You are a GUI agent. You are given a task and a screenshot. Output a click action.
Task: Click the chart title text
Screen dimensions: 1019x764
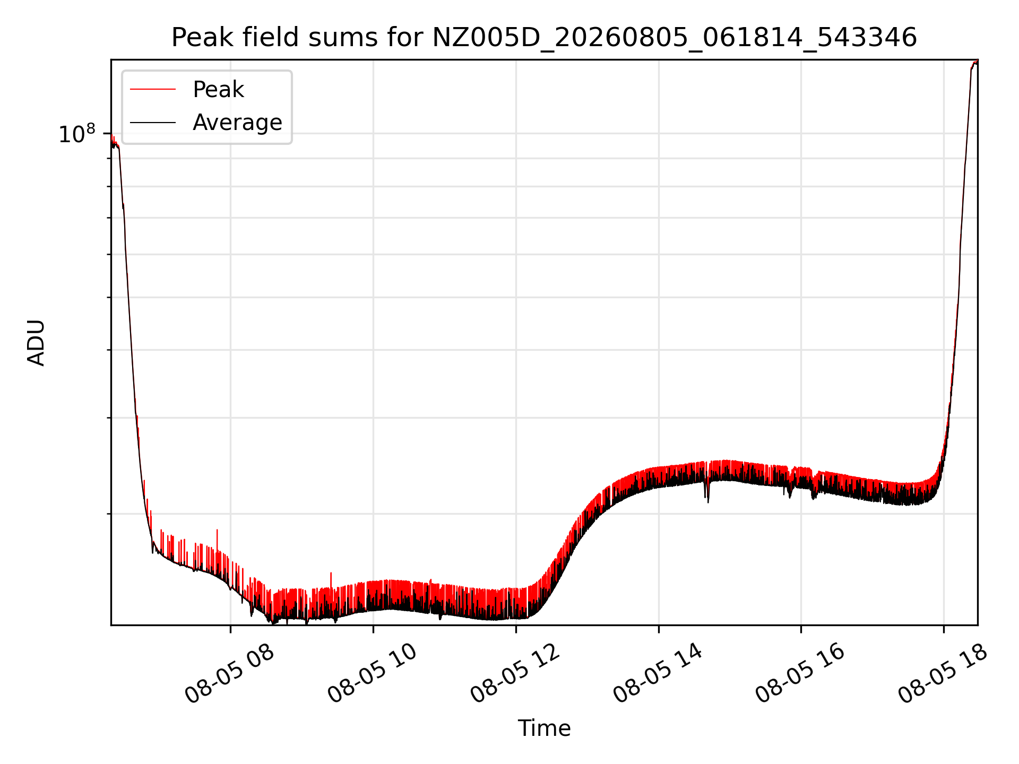point(544,38)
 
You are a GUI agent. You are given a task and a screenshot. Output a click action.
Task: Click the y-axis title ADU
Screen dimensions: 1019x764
point(36,343)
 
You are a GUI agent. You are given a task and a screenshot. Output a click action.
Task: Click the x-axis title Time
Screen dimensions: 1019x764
point(544,728)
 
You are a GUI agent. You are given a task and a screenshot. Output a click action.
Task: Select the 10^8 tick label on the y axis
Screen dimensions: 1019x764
point(77,134)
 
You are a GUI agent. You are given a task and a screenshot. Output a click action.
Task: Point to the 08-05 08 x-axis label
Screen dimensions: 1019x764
point(229,674)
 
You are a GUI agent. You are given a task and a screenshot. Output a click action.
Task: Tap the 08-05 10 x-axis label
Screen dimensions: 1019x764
point(372,674)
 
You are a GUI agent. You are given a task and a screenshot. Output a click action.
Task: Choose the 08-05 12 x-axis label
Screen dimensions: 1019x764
point(515,674)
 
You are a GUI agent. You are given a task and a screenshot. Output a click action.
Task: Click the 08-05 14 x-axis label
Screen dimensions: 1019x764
point(658,674)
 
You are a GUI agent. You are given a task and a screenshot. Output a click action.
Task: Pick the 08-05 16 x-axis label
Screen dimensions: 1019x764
point(800,674)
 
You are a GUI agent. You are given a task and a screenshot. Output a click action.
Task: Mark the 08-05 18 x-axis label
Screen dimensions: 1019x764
point(943,674)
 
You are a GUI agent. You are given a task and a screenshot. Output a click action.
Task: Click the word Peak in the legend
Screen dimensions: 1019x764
point(218,90)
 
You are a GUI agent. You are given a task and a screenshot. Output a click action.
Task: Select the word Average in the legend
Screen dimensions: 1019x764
point(237,123)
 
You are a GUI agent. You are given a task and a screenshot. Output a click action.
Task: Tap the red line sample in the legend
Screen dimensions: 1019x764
point(153,90)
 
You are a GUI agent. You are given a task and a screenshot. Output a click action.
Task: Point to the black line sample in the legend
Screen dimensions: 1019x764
point(153,123)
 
